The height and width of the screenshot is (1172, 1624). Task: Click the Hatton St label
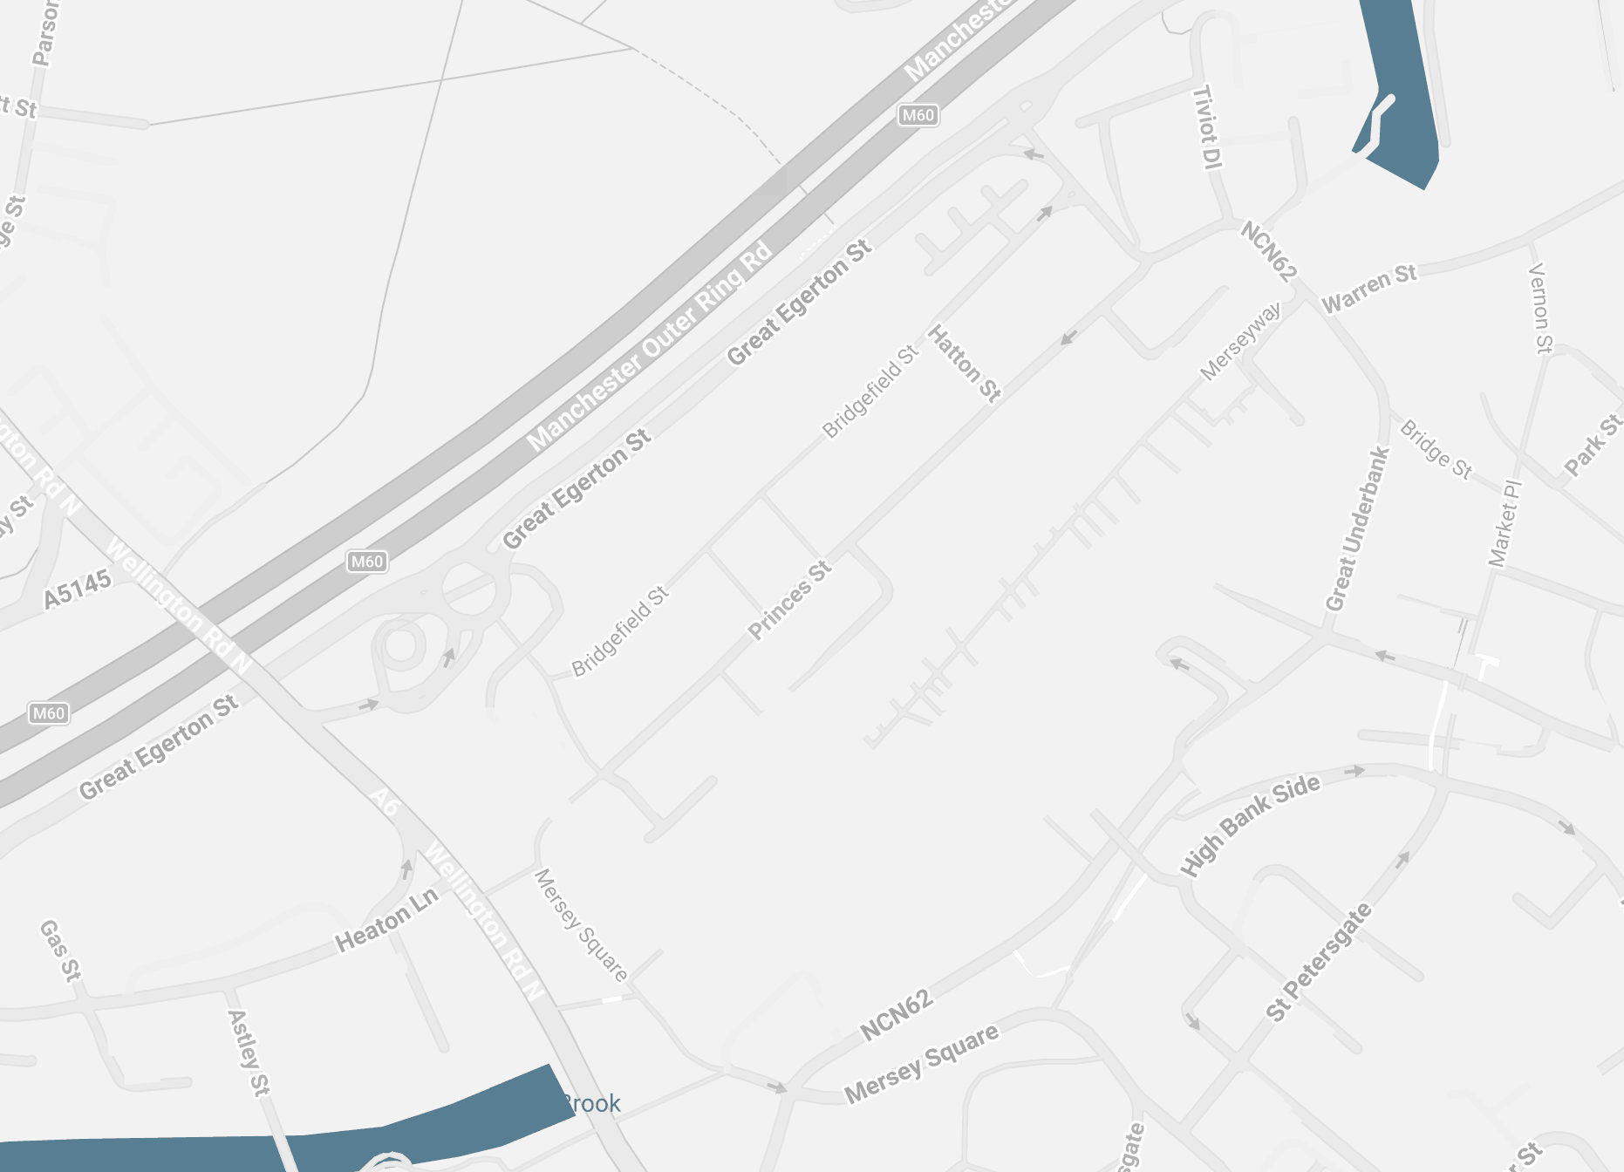[964, 363]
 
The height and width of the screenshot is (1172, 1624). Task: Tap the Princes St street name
[790, 601]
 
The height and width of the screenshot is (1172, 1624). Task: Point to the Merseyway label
[1240, 341]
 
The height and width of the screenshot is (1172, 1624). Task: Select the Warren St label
[1369, 289]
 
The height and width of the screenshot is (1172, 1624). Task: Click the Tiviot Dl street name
[1207, 127]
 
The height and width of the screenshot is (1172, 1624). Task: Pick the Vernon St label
[1541, 308]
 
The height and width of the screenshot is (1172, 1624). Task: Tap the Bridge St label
[1436, 449]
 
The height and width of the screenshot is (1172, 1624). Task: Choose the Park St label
[1593, 445]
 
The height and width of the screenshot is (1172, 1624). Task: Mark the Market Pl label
[1505, 523]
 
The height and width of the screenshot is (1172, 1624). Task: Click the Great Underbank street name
[1356, 528]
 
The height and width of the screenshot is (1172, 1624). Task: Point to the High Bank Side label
[1250, 825]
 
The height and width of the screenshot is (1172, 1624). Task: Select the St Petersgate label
[1319, 962]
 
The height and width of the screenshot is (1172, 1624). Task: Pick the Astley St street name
[248, 1052]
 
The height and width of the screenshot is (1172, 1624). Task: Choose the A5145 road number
[78, 589]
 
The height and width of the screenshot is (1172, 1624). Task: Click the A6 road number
[384, 802]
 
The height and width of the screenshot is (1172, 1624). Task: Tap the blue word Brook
[591, 1104]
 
